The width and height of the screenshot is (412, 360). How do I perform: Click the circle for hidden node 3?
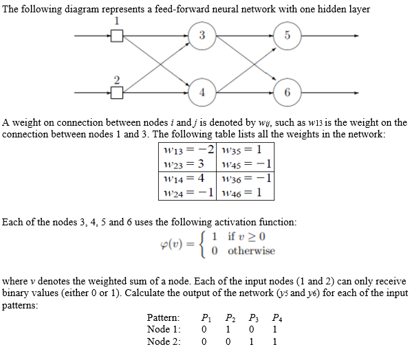(202, 34)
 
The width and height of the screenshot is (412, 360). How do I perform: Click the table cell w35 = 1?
(240, 150)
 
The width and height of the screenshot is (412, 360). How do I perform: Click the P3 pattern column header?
(255, 318)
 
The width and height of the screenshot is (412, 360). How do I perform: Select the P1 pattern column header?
(204, 318)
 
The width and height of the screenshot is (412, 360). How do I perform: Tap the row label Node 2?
(164, 341)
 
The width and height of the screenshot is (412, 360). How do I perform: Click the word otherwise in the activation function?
(251, 251)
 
